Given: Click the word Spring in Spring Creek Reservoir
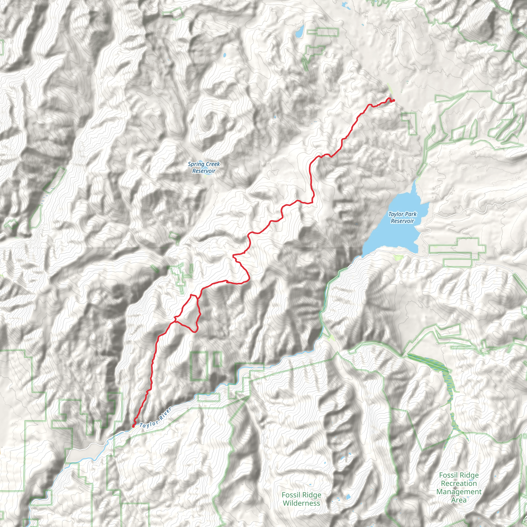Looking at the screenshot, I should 196,164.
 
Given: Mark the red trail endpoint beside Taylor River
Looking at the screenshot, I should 133,426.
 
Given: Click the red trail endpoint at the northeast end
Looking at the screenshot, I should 393,101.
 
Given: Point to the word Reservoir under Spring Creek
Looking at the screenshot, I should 204,171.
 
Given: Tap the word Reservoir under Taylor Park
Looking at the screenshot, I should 402,221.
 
